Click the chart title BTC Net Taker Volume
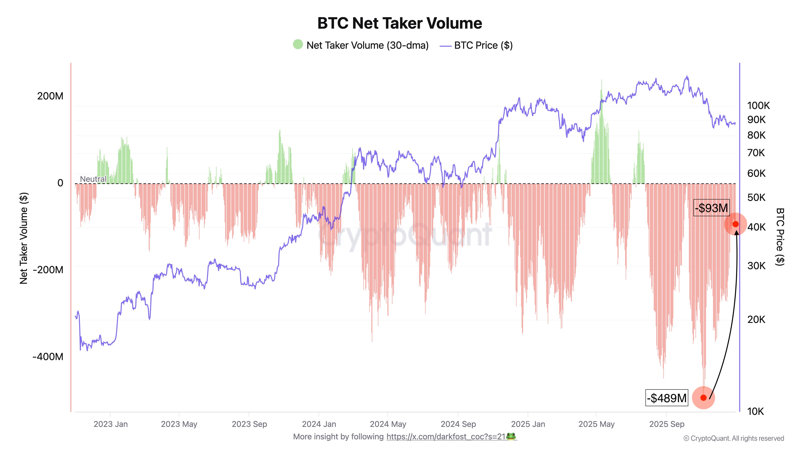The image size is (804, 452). point(400,23)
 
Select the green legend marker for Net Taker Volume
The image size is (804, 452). point(298,45)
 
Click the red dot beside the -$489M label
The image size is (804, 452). point(703,398)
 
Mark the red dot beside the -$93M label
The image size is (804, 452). point(736,224)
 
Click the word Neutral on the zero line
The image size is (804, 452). point(93,179)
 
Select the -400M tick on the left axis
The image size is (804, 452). point(48,357)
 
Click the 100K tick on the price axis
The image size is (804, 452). point(758,106)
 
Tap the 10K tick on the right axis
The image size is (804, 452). point(755,412)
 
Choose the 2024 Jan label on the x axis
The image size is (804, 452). point(319,424)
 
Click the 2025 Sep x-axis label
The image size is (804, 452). point(667,424)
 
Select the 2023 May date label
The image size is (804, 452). point(179,424)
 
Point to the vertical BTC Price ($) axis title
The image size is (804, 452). point(780,237)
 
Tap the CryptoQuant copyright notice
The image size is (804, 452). point(733,439)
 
